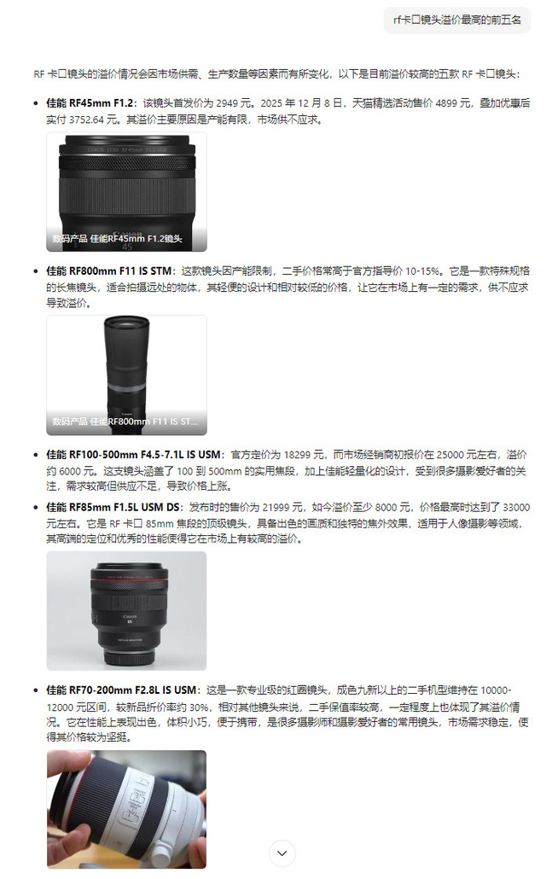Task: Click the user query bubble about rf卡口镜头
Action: tap(457, 20)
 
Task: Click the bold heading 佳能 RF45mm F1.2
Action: tap(90, 103)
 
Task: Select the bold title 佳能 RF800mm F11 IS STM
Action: tap(108, 271)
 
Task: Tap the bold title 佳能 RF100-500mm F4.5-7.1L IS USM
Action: tap(133, 455)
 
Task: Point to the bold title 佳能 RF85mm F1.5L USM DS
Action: tap(113, 507)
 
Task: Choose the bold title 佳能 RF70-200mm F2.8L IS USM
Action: tap(121, 690)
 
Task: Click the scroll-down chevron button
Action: tap(282, 853)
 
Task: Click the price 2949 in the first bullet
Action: tap(227, 103)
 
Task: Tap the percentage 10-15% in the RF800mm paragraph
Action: tap(422, 271)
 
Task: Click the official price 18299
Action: tap(297, 455)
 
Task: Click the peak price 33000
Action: tap(516, 507)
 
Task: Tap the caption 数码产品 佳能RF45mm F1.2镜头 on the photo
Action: tap(117, 239)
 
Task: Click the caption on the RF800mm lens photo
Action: tap(125, 422)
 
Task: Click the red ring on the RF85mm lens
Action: tap(130, 579)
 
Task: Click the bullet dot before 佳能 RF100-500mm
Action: tap(36, 455)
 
